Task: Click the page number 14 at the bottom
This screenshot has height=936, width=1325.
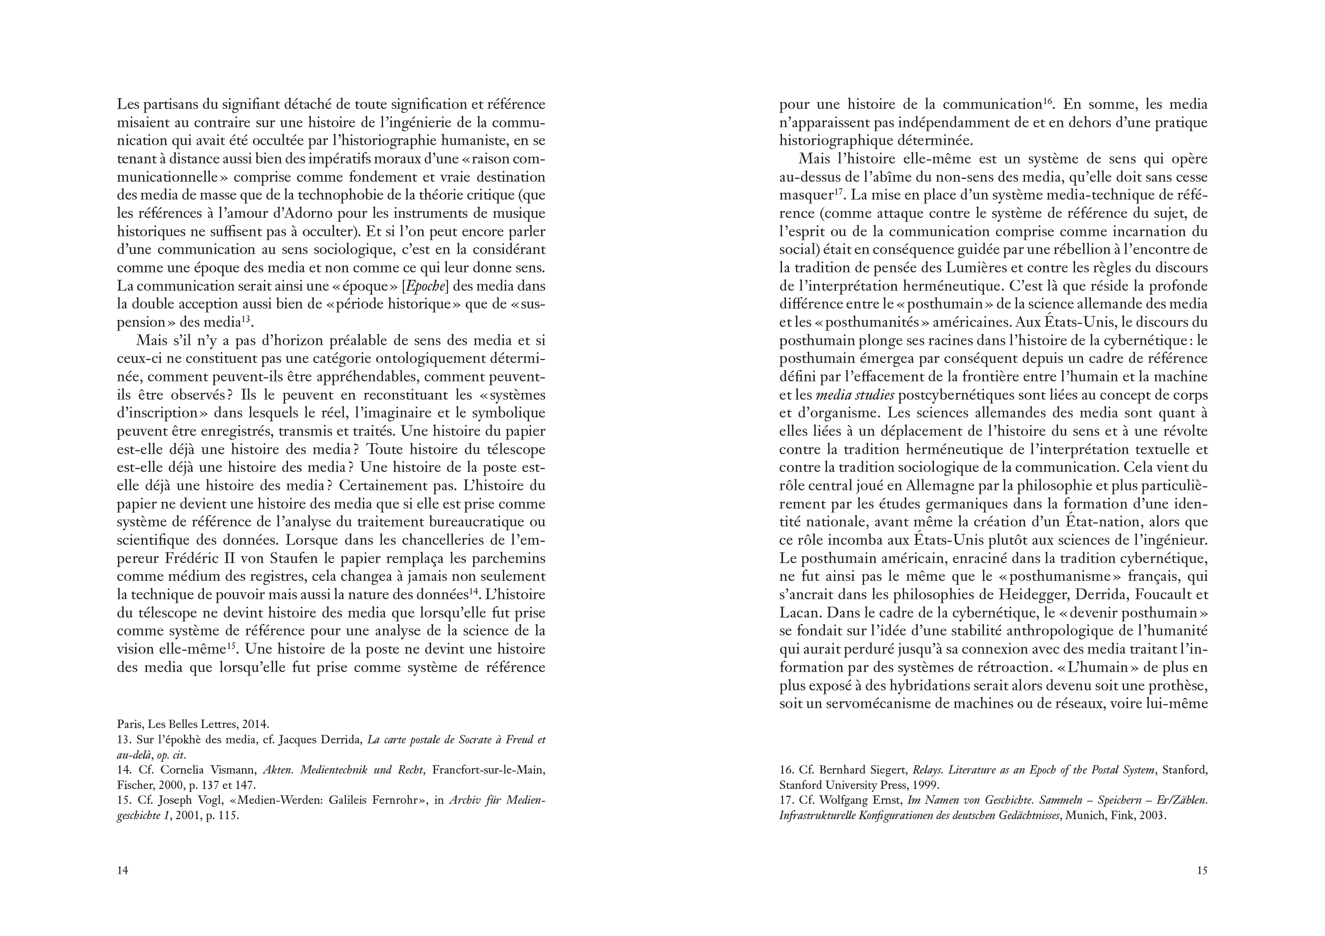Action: (x=122, y=870)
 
